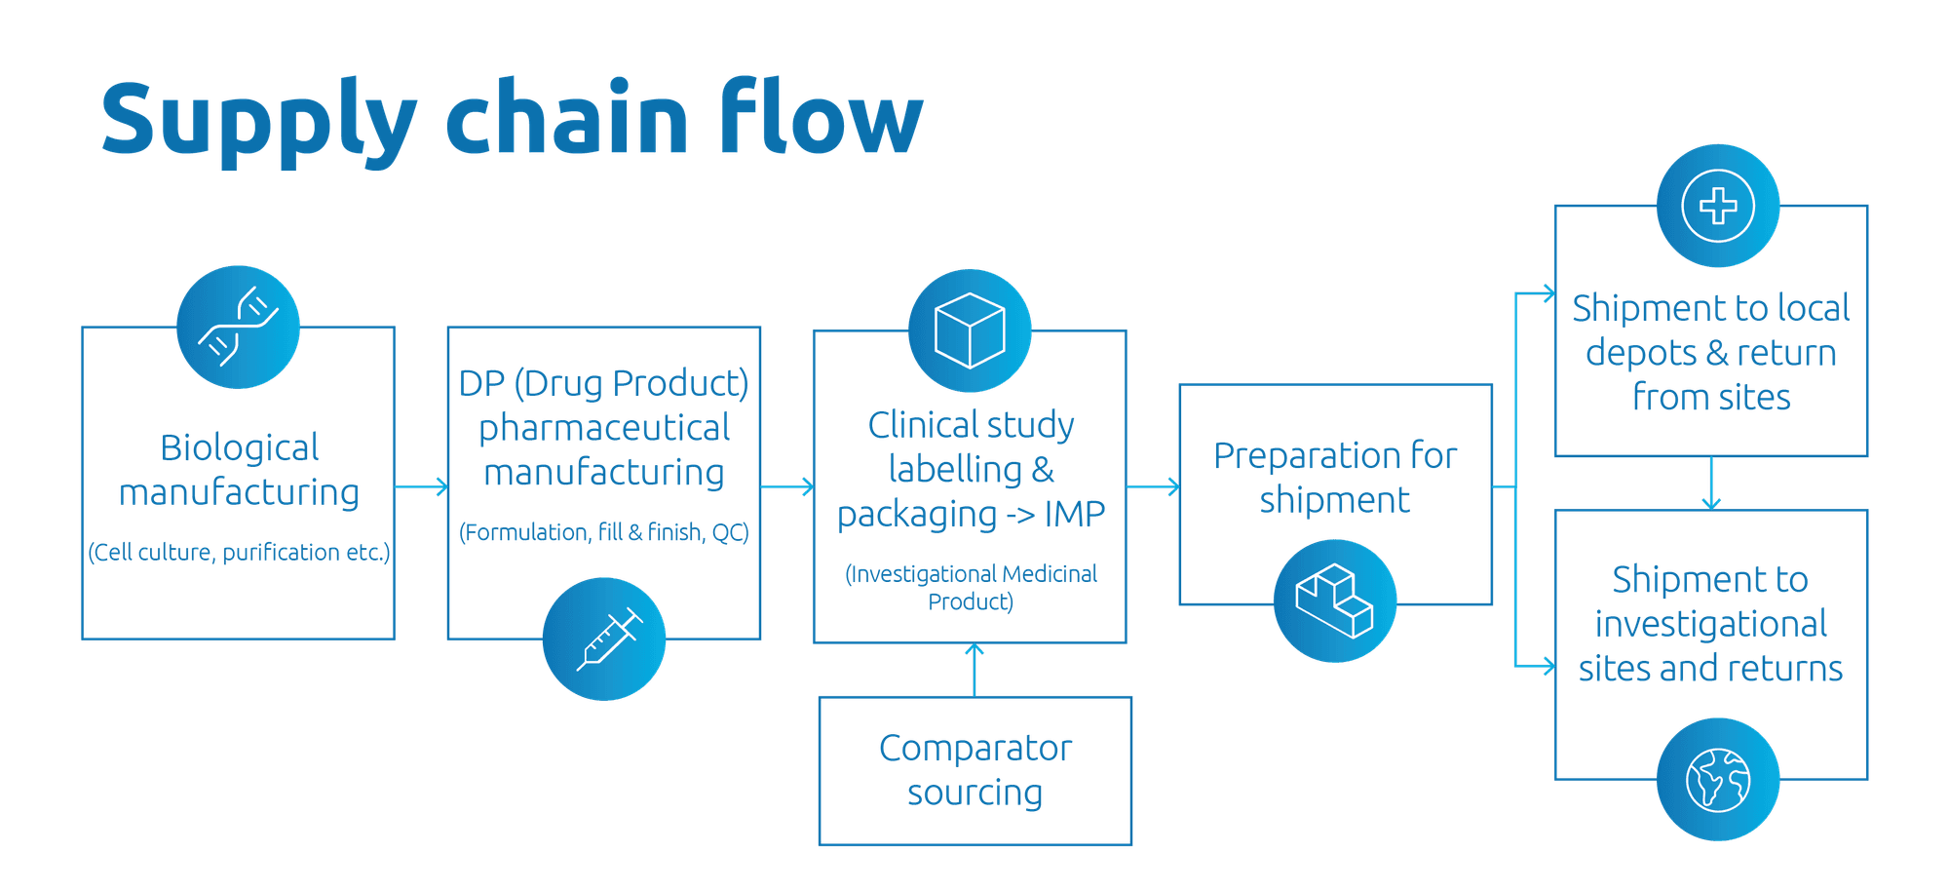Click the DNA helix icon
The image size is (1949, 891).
[239, 327]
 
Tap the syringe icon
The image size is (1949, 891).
[604, 639]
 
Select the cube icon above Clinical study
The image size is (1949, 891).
[970, 330]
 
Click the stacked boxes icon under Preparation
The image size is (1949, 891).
[1335, 600]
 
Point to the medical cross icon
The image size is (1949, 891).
[1718, 206]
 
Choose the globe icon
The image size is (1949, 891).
[1718, 779]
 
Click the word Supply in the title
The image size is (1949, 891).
[259, 122]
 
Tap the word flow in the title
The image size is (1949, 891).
[822, 117]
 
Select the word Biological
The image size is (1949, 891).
[240, 447]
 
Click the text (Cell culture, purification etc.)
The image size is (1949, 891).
[239, 553]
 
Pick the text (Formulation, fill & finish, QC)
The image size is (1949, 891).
[604, 532]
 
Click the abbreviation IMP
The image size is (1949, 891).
[1075, 514]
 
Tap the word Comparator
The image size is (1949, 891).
[975, 748]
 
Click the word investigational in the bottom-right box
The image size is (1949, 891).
[1711, 624]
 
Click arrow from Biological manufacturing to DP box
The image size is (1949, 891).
[421, 486]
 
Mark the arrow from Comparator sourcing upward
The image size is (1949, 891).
[974, 670]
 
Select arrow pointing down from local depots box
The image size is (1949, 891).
[1711, 483]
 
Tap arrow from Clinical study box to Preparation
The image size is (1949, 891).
[1153, 486]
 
